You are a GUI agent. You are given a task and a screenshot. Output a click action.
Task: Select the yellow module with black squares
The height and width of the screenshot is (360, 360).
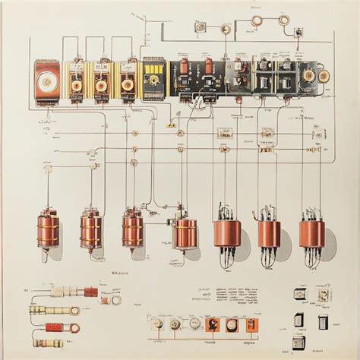153,78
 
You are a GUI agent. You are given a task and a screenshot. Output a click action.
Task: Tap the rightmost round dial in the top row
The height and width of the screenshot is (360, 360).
323,75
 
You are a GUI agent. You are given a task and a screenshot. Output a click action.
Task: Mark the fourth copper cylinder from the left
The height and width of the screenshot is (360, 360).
185,233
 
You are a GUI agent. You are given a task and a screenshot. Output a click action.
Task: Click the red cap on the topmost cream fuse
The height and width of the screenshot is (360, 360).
90,291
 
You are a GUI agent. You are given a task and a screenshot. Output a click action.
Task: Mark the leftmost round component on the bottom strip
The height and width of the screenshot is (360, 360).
157,324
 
